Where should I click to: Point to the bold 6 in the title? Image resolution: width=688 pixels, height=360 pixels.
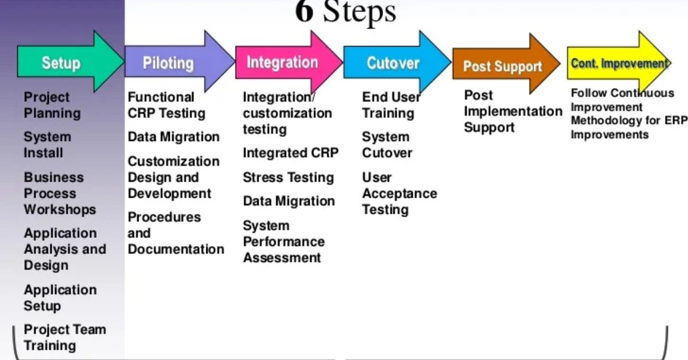pyautogui.click(x=304, y=11)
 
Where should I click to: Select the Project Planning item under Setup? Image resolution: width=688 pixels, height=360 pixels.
pyautogui.click(x=52, y=105)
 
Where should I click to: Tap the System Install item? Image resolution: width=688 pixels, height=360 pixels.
pyautogui.click(x=47, y=144)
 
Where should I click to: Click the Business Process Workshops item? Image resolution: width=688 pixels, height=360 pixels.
pyautogui.click(x=60, y=193)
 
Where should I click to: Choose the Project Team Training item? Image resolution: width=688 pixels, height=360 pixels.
pyautogui.click(x=65, y=337)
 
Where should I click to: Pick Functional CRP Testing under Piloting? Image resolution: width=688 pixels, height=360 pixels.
pyautogui.click(x=166, y=105)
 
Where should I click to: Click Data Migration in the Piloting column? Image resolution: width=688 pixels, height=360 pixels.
pyautogui.click(x=174, y=137)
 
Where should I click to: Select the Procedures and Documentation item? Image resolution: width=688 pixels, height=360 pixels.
pyautogui.click(x=175, y=233)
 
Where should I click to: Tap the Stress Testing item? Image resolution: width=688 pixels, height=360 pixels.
pyautogui.click(x=288, y=178)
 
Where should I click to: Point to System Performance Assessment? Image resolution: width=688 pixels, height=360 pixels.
pyautogui.click(x=283, y=242)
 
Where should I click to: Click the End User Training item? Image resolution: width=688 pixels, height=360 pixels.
pyautogui.click(x=391, y=105)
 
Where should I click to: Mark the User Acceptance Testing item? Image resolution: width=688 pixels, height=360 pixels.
pyautogui.click(x=399, y=193)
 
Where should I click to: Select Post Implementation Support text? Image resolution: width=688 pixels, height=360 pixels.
pyautogui.click(x=513, y=111)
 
